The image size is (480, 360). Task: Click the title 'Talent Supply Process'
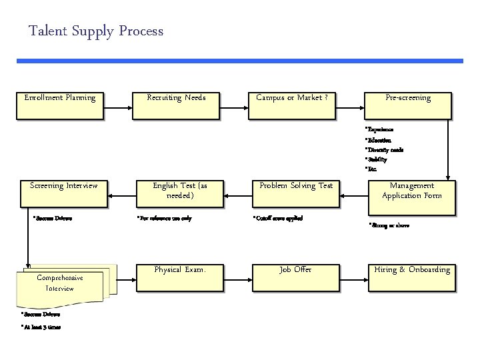pyautogui.click(x=96, y=31)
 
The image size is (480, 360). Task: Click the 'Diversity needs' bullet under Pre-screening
pyautogui.click(x=385, y=150)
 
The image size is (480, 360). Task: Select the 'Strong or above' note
pyautogui.click(x=389, y=225)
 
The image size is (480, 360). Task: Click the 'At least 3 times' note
pyautogui.click(x=41, y=326)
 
